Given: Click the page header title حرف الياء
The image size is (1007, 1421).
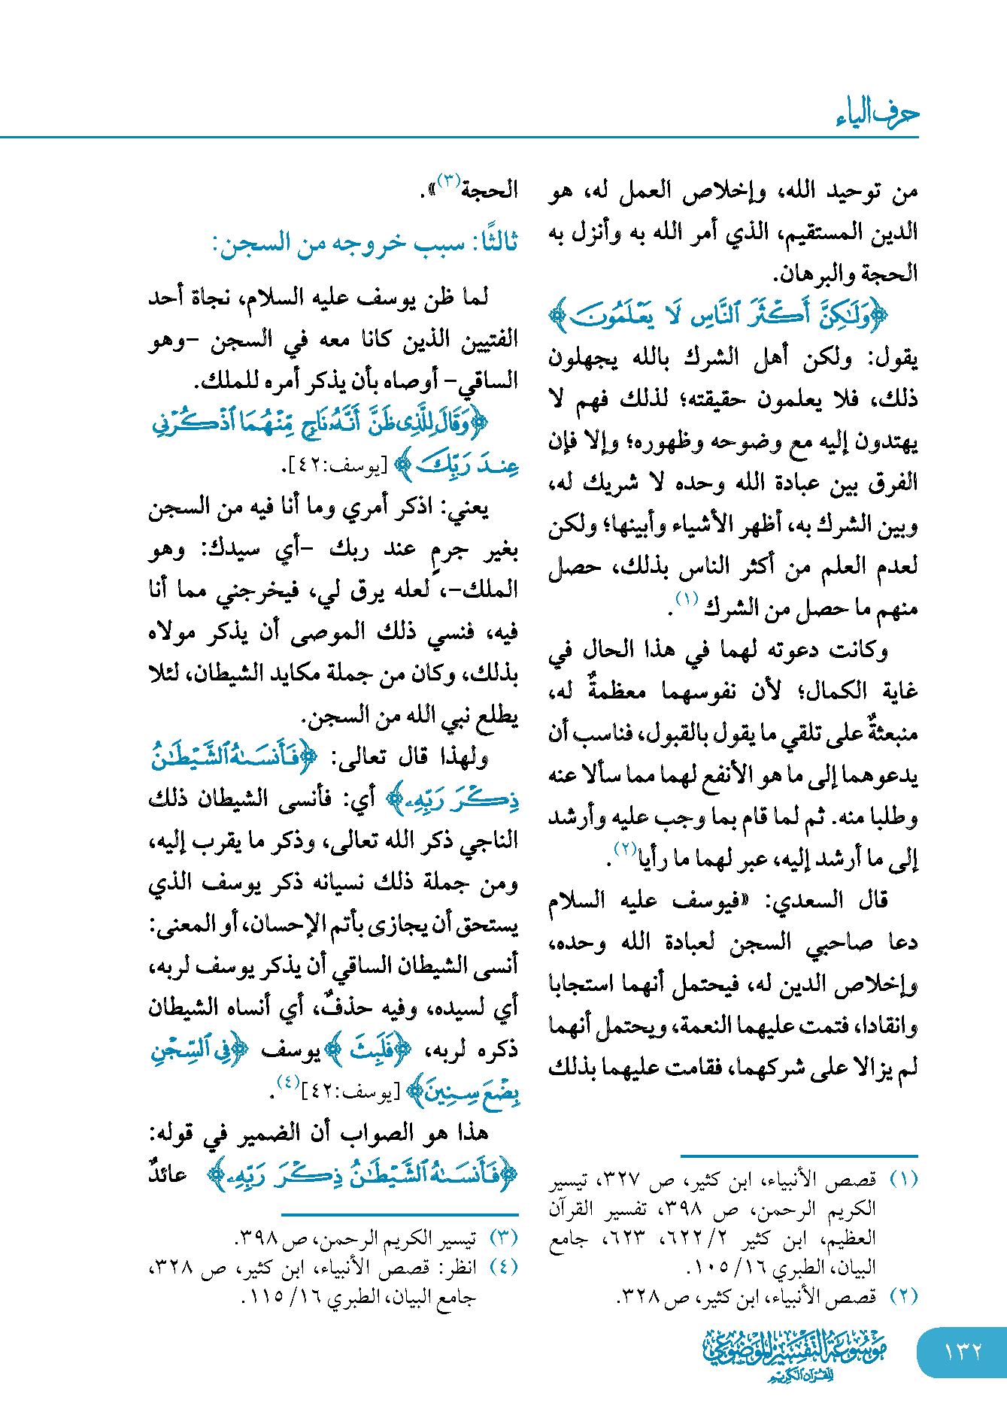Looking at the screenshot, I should (877, 114).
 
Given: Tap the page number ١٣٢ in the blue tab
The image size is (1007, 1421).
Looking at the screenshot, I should (963, 1351).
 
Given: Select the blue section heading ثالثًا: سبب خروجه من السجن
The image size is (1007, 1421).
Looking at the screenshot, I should (365, 243).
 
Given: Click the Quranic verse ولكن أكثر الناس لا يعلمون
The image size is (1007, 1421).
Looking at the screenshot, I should (718, 315).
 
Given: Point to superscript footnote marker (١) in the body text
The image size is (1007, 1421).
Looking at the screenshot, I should (687, 599).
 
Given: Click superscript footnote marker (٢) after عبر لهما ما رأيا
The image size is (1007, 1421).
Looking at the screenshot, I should (625, 849).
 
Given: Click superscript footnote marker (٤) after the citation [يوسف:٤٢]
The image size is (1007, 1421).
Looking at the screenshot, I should (287, 1082).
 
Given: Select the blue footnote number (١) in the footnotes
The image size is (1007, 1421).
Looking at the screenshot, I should (903, 1180).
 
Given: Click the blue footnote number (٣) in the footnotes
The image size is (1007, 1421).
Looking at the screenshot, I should (503, 1237).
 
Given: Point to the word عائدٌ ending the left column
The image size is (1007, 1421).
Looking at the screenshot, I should (168, 1174).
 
